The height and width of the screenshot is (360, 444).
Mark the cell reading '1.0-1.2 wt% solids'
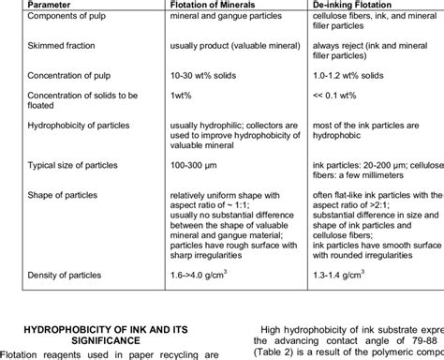(x=348, y=72)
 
